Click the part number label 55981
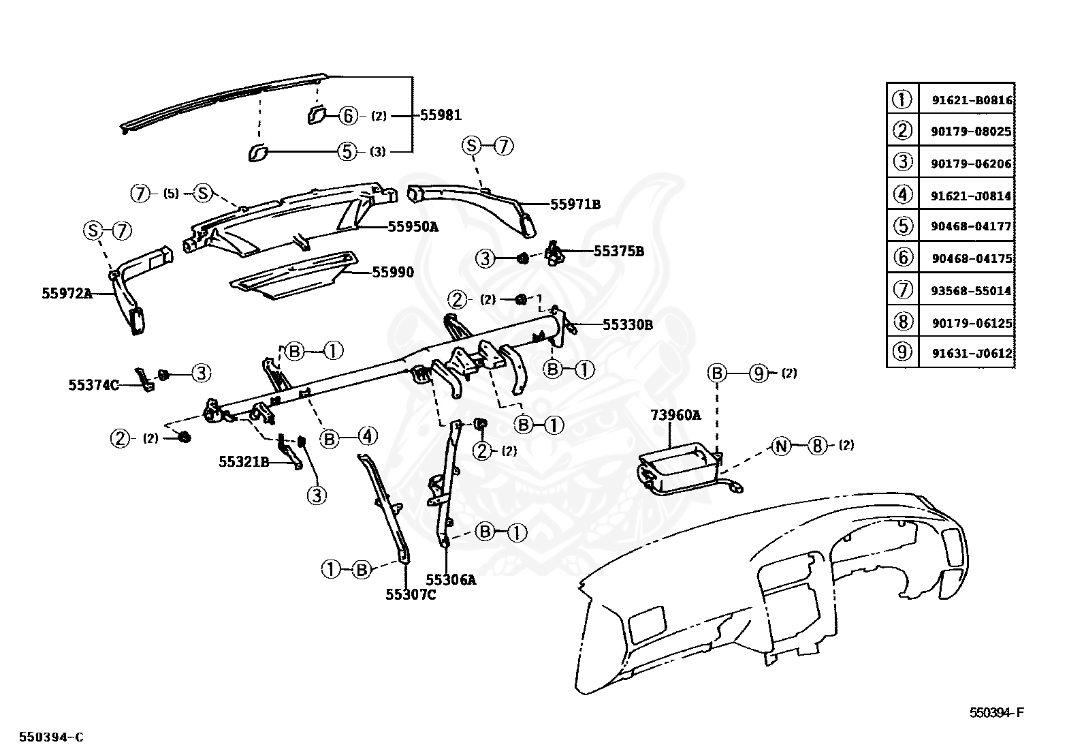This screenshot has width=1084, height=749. (x=441, y=115)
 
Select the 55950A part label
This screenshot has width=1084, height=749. (x=413, y=226)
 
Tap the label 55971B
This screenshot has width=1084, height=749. (x=575, y=204)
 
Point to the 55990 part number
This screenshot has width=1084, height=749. (x=393, y=273)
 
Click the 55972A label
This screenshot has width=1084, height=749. (x=67, y=293)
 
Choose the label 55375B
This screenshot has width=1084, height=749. (x=619, y=251)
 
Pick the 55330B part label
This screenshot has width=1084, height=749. (x=628, y=324)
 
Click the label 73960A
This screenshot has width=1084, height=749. (x=675, y=415)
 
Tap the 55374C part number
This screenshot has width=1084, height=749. (x=93, y=385)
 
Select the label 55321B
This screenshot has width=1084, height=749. (x=244, y=461)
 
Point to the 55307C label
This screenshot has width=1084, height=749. (x=411, y=594)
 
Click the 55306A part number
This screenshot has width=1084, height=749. (x=451, y=579)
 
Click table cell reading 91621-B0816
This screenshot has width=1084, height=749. (x=972, y=100)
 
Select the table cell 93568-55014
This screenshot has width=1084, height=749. (x=971, y=291)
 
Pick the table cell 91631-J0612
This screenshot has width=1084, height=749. (x=972, y=353)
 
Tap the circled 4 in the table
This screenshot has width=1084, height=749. (x=902, y=194)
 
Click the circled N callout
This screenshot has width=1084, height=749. (x=780, y=446)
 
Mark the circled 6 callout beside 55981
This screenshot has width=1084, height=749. (x=348, y=116)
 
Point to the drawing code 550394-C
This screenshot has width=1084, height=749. (x=51, y=737)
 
